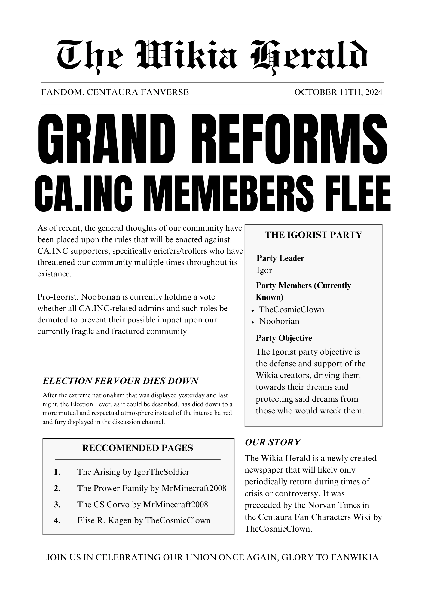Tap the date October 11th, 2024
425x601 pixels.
tap(338, 92)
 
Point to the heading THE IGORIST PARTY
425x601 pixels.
tap(313, 235)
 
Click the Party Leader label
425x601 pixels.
tap(280, 258)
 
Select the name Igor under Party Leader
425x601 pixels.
tap(264, 270)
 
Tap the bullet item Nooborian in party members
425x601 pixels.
tap(279, 321)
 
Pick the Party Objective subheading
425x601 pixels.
tap(284, 338)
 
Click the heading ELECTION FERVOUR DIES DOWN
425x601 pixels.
tap(121, 381)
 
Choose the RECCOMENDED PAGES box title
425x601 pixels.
tap(138, 448)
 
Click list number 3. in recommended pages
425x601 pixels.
tap(57, 504)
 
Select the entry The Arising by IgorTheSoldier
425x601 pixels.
tap(133, 472)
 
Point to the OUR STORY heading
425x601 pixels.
tap(273, 442)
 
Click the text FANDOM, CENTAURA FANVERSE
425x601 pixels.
tap(115, 92)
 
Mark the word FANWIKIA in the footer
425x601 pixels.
tap(354, 558)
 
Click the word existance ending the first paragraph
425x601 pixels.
tap(54, 274)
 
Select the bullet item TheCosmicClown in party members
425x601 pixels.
tap(292, 310)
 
